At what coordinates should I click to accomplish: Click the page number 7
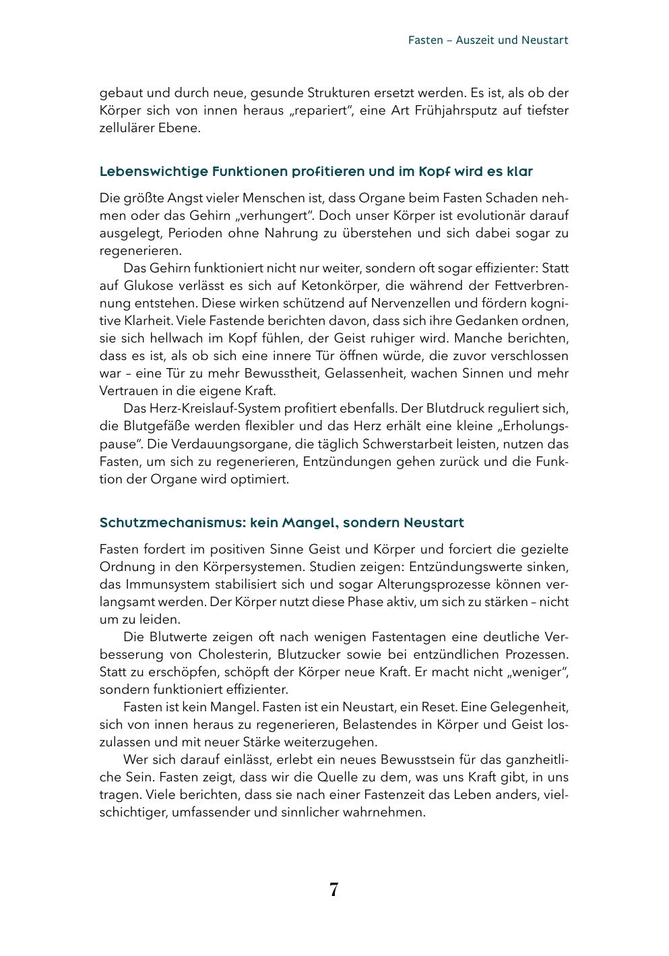(334, 890)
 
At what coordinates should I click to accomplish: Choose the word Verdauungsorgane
(226, 444)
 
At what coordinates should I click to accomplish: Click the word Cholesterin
(234, 655)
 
